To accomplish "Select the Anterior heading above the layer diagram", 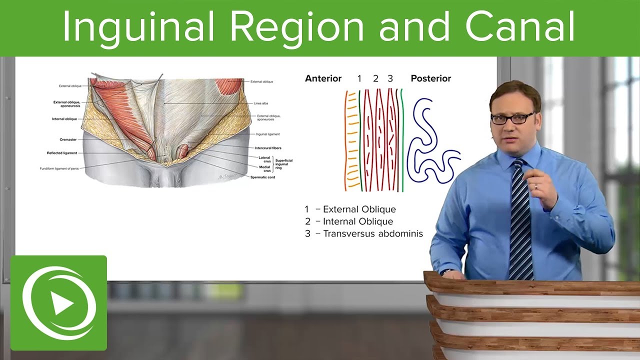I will (x=323, y=78).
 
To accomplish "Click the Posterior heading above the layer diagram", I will (x=430, y=78).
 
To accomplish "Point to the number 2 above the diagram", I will (x=375, y=78).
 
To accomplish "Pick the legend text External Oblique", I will (x=359, y=209).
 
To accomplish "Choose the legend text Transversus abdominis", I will (x=372, y=233).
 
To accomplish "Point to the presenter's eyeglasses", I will (x=512, y=118).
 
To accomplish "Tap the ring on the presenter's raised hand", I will (x=536, y=186).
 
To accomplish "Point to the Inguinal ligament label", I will (x=267, y=134).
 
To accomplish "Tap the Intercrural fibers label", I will (x=266, y=148).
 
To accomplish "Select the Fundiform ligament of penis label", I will (x=58, y=168).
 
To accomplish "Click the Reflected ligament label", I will (x=62, y=153).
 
